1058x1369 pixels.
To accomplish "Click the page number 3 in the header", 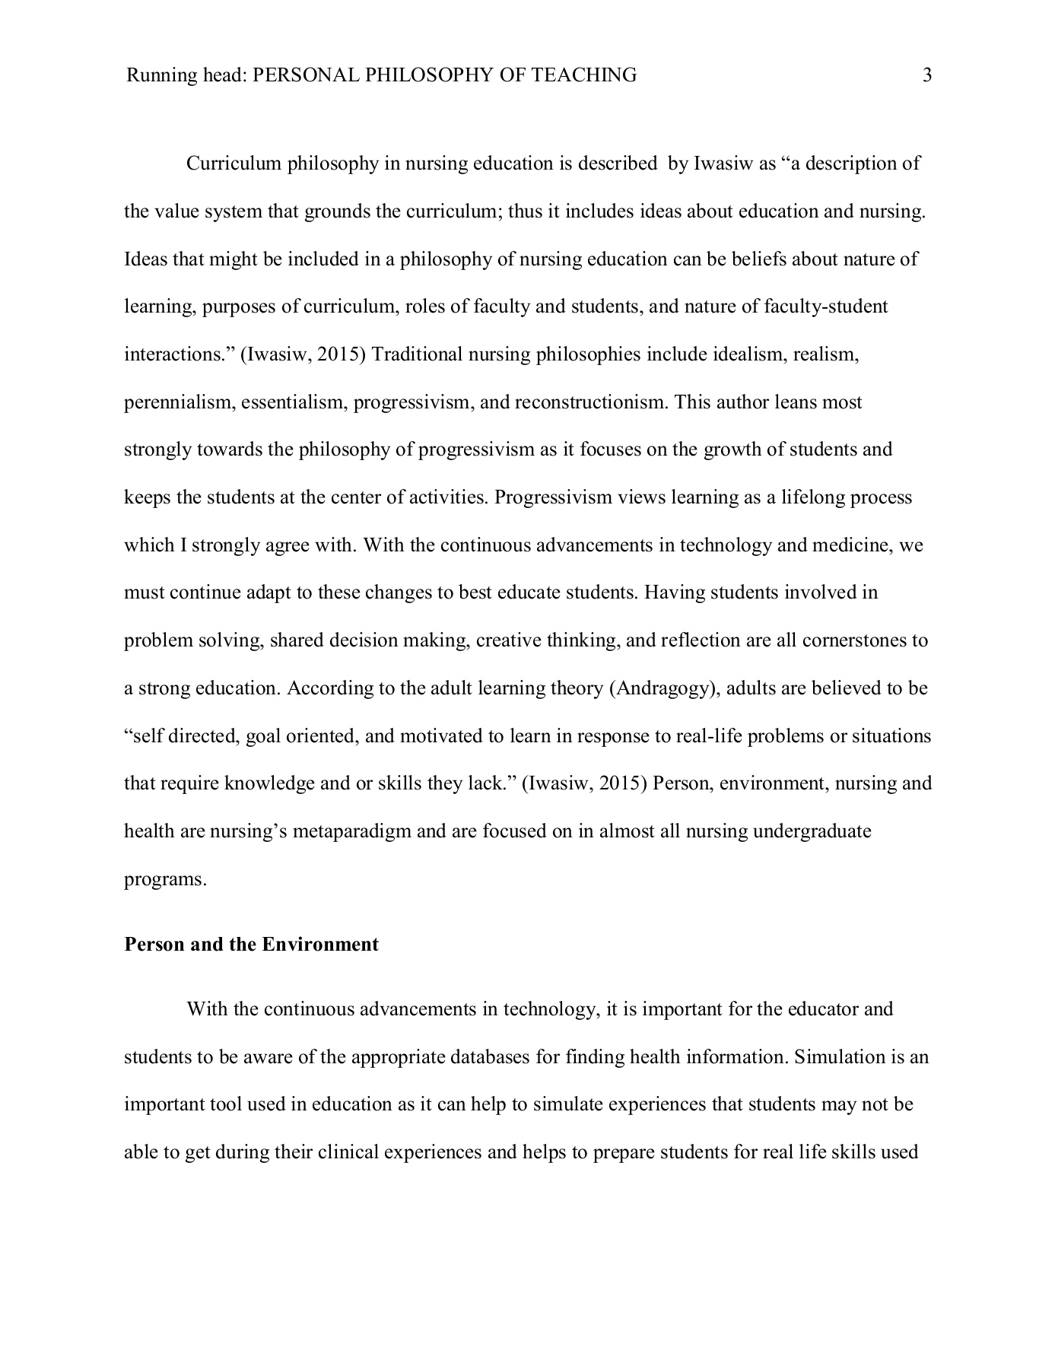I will tap(927, 75).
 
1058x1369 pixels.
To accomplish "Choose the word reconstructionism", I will tap(591, 402).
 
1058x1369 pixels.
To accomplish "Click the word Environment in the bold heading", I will tap(320, 945).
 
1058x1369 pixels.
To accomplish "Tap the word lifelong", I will tap(802, 497).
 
